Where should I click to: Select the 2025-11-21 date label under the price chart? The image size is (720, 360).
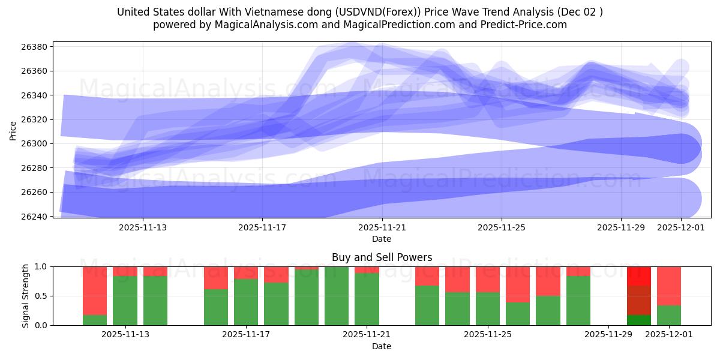point(382,227)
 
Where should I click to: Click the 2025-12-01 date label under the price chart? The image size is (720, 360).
point(681,227)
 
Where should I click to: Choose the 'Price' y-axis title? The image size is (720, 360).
point(13,130)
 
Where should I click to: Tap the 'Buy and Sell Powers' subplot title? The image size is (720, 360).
point(382,257)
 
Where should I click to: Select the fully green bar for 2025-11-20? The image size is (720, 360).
point(337,296)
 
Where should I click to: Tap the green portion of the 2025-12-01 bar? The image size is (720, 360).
point(669,316)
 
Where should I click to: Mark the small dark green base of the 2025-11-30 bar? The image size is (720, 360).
point(639,320)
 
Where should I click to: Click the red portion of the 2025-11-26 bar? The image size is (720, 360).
point(518,284)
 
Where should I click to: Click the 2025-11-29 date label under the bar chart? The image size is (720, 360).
point(608,335)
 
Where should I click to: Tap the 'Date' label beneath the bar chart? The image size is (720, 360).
point(382,346)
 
